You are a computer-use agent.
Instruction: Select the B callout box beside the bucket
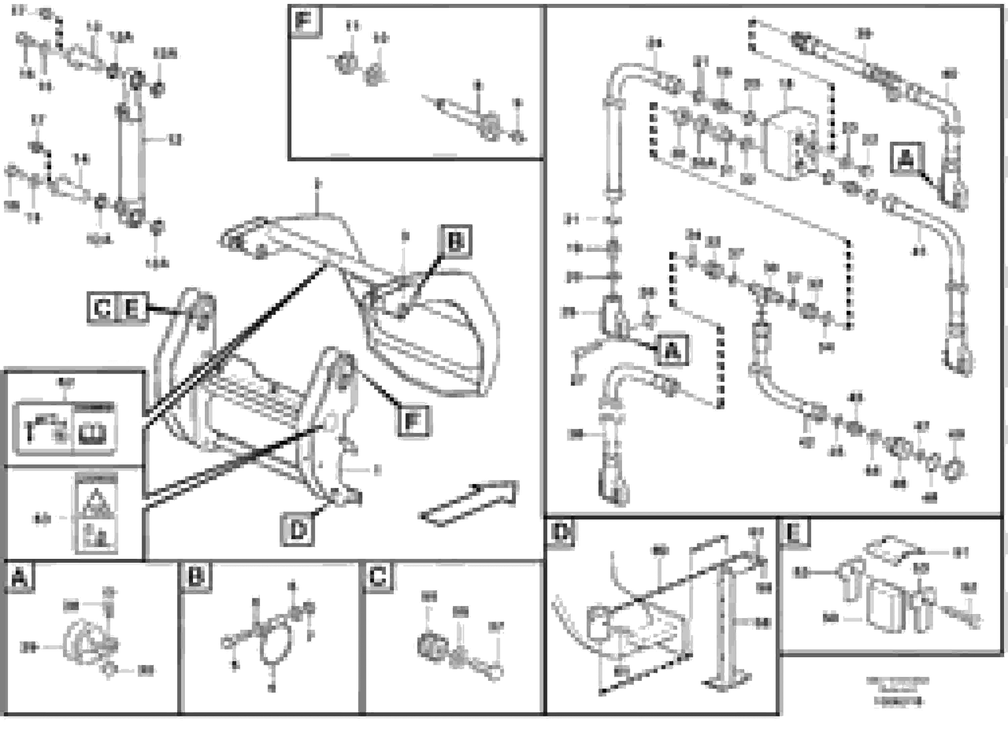[456, 242]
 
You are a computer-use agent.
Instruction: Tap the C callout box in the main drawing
[102, 307]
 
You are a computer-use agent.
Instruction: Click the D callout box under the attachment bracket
[297, 529]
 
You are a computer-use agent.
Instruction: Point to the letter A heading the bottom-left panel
[19, 578]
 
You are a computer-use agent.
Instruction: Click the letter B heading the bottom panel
[196, 577]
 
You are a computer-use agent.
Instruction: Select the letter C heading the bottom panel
[377, 577]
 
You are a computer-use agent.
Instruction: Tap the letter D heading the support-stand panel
[561, 532]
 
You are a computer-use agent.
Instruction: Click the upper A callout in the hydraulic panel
[907, 158]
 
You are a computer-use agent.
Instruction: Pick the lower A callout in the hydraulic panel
[673, 350]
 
